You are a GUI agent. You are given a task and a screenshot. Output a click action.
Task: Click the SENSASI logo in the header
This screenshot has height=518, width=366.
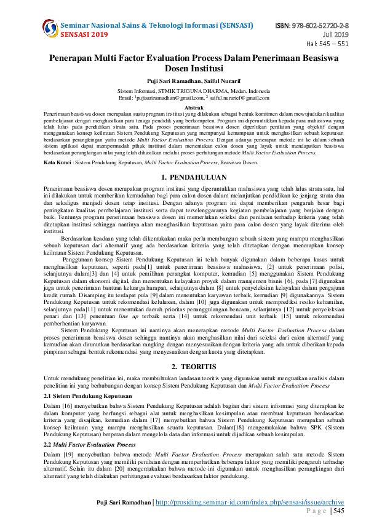50,27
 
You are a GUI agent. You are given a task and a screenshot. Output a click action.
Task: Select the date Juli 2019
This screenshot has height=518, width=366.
337,34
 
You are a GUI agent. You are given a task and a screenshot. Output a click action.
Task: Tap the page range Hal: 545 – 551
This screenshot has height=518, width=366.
327,44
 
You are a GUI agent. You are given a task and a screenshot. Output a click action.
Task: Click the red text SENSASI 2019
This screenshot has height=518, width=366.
84,34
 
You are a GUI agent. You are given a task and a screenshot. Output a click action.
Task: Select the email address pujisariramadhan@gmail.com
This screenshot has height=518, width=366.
170,97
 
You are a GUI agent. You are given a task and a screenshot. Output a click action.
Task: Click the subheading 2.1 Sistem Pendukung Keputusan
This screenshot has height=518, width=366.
88,396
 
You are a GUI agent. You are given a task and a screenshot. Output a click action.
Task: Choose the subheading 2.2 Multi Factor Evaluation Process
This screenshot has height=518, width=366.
90,444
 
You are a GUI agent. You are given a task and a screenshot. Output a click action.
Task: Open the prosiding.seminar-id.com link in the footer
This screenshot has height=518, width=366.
250,503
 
